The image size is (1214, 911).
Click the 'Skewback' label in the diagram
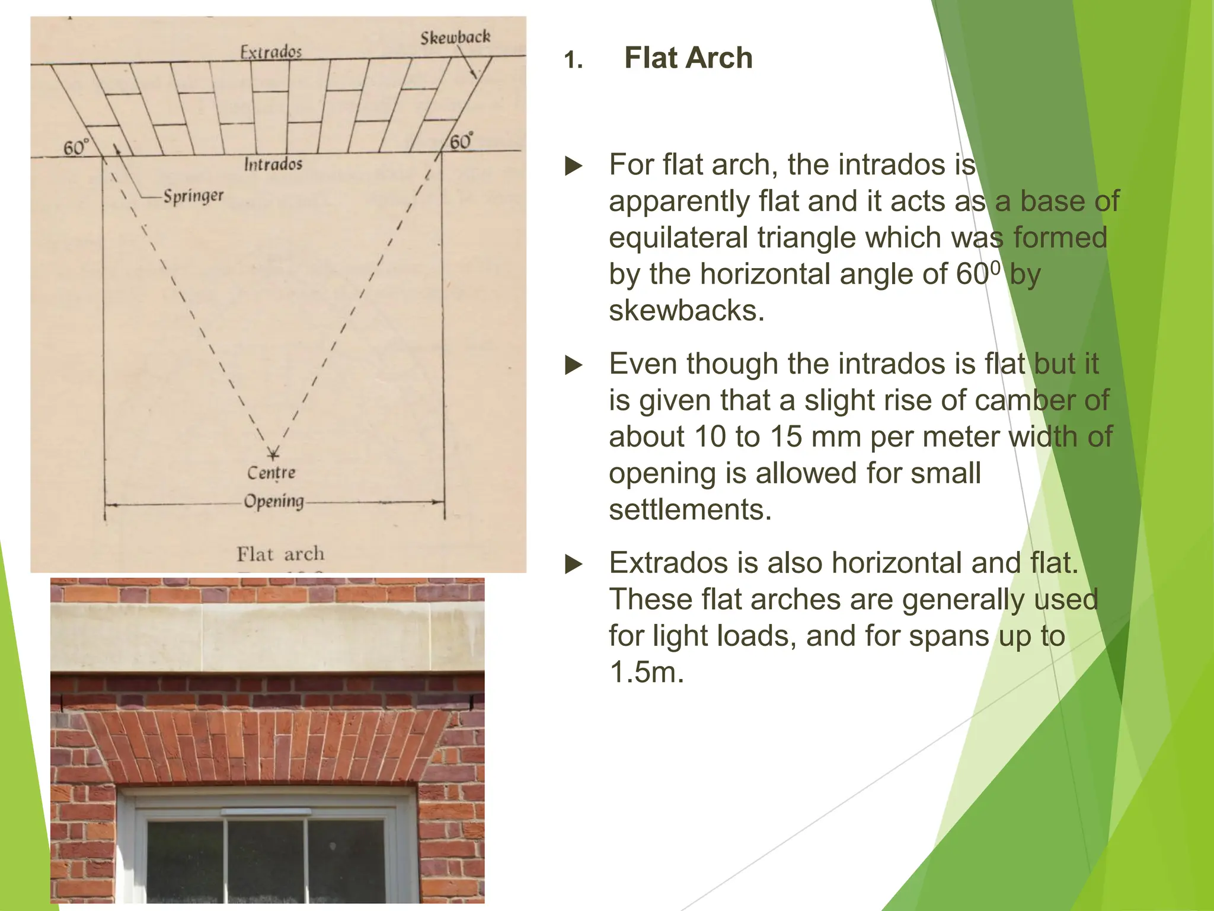[x=455, y=37]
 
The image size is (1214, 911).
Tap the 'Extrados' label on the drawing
[x=271, y=52]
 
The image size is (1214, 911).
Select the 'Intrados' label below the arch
[x=273, y=164]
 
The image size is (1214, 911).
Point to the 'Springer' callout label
[x=193, y=195]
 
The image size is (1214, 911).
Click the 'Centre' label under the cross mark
[x=271, y=473]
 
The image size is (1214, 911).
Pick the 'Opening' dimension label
[x=274, y=501]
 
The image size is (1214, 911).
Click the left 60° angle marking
[x=76, y=146]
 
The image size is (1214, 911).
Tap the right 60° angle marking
[x=461, y=142]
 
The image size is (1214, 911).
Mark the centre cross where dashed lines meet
[x=273, y=454]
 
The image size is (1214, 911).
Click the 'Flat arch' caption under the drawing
[x=280, y=554]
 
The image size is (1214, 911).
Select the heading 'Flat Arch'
[x=688, y=58]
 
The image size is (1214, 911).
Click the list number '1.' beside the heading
[x=573, y=60]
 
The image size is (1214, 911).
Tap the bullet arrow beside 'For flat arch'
[x=574, y=165]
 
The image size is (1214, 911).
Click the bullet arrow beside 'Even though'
[x=574, y=365]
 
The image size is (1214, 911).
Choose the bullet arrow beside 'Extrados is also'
[x=574, y=564]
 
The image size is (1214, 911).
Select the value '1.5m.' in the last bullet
[x=646, y=672]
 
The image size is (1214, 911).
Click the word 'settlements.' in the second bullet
[x=690, y=509]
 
